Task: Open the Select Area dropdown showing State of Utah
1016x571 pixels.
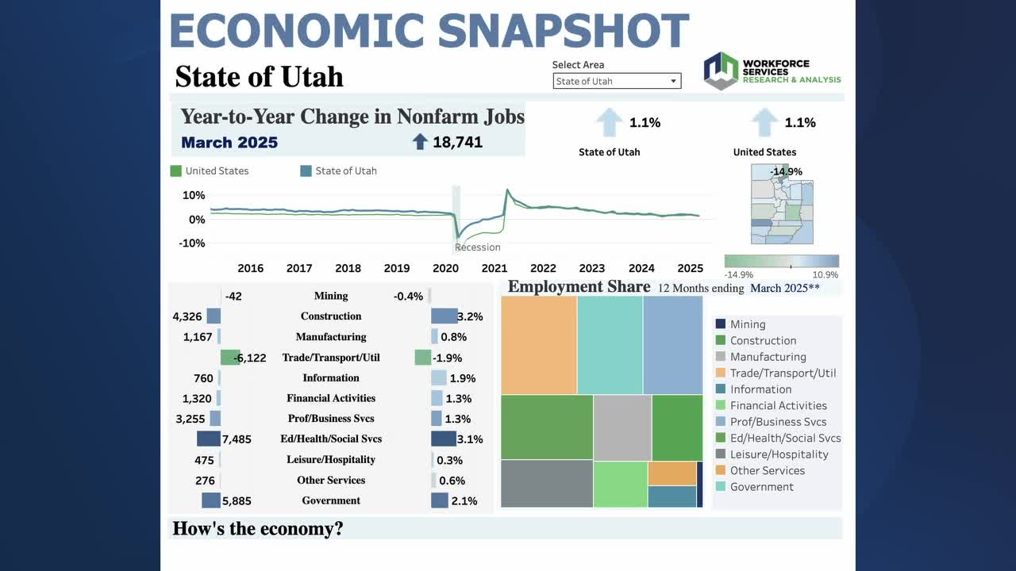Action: [x=617, y=81]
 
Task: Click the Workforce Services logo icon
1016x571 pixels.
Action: [x=721, y=71]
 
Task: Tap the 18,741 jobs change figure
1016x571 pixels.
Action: [x=457, y=143]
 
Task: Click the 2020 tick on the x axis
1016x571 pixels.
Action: [x=445, y=268]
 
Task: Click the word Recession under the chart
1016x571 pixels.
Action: [x=478, y=247]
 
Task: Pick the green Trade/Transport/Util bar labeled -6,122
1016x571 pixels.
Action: [x=229, y=358]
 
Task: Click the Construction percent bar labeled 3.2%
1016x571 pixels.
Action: [x=444, y=316]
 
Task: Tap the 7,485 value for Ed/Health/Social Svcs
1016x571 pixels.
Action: [x=237, y=439]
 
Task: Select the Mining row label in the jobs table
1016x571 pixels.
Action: [x=331, y=296]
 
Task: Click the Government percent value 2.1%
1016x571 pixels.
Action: [x=464, y=501]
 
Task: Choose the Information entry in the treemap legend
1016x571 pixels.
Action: [x=760, y=389]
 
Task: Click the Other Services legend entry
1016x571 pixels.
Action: [x=767, y=470]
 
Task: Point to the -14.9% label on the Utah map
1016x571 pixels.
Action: [x=786, y=171]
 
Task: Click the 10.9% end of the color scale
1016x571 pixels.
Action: [x=825, y=275]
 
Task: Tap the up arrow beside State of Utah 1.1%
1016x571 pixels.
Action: [x=610, y=123]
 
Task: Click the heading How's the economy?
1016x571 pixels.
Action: [x=258, y=529]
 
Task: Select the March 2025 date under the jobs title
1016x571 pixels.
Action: [x=229, y=143]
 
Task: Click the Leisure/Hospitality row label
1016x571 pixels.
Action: [x=331, y=460]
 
